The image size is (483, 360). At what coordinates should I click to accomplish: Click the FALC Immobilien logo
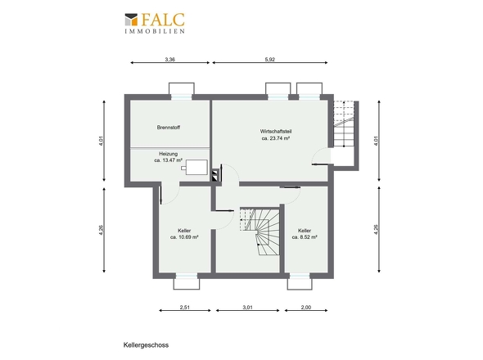pyautogui.click(x=155, y=23)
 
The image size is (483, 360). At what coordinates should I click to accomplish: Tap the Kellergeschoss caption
pyautogui.click(x=146, y=345)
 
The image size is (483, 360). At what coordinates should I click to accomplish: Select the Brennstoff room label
pyautogui.click(x=169, y=127)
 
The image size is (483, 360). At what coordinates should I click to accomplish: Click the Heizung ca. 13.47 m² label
pyautogui.click(x=168, y=157)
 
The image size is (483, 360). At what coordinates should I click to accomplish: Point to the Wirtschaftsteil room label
pyautogui.click(x=276, y=135)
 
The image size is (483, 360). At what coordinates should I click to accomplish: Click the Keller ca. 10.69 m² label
pyautogui.click(x=184, y=234)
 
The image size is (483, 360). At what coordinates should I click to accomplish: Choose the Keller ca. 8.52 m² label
pyautogui.click(x=305, y=234)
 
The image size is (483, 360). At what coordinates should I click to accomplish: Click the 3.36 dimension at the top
pyautogui.click(x=170, y=60)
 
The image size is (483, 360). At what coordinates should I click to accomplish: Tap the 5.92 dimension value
pyautogui.click(x=270, y=60)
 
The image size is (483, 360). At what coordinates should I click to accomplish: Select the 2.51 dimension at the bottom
pyautogui.click(x=184, y=307)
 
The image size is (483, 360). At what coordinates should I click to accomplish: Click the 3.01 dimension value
pyautogui.click(x=248, y=307)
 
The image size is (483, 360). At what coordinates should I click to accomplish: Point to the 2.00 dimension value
pyautogui.click(x=306, y=307)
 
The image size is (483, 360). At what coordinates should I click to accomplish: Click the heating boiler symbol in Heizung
pyautogui.click(x=195, y=167)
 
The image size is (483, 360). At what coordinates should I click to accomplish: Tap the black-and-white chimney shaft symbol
pyautogui.click(x=215, y=175)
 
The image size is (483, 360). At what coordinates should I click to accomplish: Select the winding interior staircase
pyautogui.click(x=260, y=232)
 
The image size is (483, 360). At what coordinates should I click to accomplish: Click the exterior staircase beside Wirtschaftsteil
pyautogui.click(x=344, y=124)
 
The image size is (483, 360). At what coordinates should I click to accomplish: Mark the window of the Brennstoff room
pyautogui.click(x=182, y=97)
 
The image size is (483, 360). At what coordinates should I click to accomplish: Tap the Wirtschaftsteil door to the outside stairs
pyautogui.click(x=321, y=156)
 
